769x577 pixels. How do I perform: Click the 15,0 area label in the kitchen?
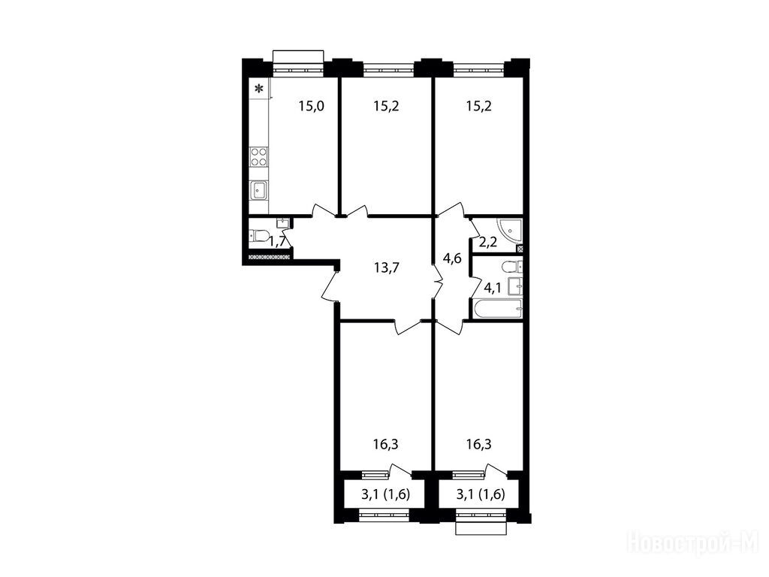click(x=312, y=106)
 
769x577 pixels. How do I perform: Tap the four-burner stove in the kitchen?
click(x=259, y=156)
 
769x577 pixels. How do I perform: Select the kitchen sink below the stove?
click(x=259, y=190)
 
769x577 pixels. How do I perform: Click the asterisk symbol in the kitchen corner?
click(x=259, y=89)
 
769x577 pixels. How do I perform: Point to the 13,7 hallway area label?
click(x=387, y=268)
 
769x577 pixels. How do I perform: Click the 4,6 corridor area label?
click(x=452, y=258)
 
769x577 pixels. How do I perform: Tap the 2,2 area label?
click(x=481, y=242)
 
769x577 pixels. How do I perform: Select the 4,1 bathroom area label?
click(x=493, y=288)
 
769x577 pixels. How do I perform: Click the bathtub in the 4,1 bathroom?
click(x=498, y=309)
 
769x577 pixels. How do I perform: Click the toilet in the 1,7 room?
click(x=258, y=235)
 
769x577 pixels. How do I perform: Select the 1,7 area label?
click(x=278, y=241)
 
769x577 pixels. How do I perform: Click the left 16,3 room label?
click(x=385, y=445)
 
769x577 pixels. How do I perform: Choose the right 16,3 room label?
click(x=478, y=445)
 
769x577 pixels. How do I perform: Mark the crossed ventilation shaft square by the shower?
click(x=520, y=248)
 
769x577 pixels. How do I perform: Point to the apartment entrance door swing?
click(x=330, y=285)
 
